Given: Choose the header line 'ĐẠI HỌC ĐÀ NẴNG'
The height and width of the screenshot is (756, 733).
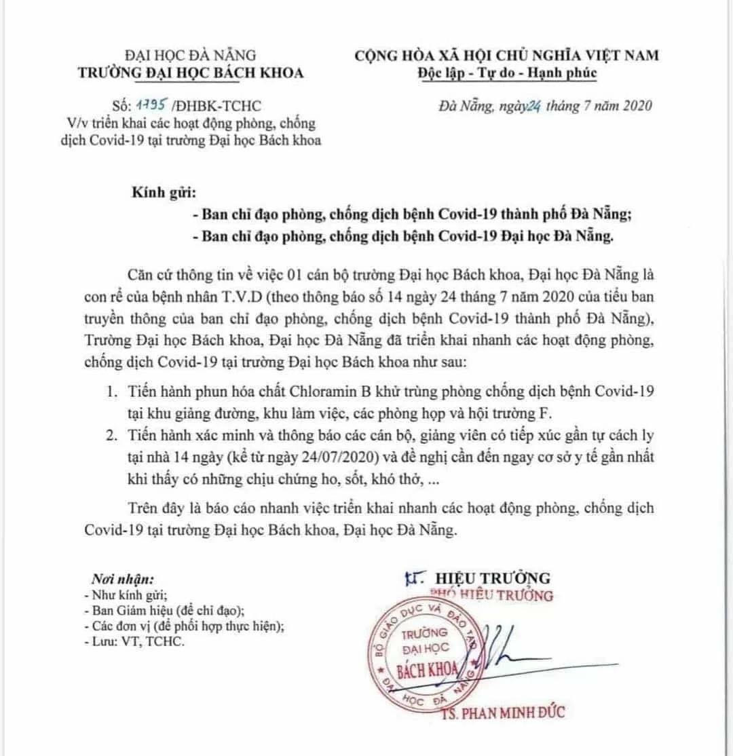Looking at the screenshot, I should point(191,55).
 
